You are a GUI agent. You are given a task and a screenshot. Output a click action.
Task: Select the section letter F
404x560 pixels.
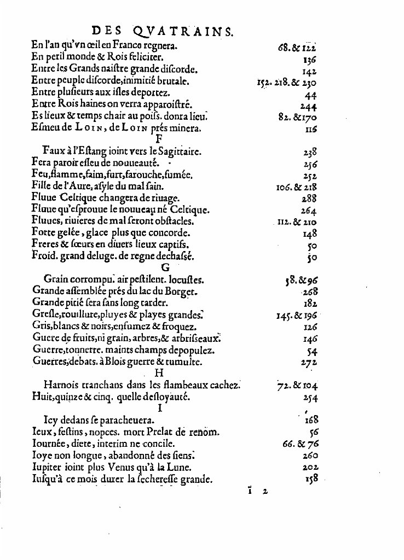click(x=159, y=139)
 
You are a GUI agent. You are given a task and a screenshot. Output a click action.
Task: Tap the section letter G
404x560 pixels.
click(x=163, y=268)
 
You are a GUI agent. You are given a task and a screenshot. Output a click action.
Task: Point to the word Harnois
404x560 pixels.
click(x=61, y=386)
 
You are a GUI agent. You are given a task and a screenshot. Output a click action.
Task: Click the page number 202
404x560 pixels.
click(x=310, y=468)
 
